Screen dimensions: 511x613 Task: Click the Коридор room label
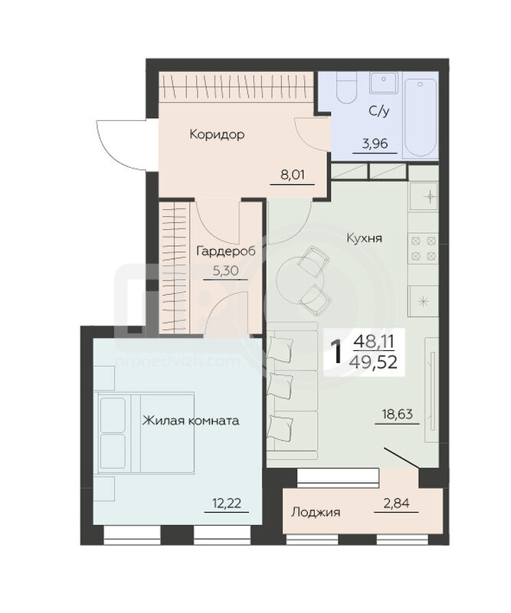217,135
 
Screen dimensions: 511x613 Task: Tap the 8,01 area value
293,175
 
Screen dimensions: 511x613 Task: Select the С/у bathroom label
379,112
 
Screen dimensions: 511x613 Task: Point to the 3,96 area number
375,144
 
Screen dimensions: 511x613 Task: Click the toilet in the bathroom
347,87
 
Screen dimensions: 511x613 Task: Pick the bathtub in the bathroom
420,117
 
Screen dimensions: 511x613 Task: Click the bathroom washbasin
384,83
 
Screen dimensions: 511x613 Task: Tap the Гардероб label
225,251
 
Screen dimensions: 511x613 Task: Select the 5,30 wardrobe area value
225,270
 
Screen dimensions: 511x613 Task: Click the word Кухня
365,238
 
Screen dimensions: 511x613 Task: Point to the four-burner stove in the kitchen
424,248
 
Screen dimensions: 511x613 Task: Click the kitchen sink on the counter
424,197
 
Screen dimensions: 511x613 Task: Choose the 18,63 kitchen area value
397,414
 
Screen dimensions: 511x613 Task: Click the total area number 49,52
373,362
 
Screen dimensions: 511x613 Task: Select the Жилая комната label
191,421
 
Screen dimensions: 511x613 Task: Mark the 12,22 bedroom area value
227,503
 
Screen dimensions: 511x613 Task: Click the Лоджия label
316,512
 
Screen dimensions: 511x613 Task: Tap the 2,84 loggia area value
396,503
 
